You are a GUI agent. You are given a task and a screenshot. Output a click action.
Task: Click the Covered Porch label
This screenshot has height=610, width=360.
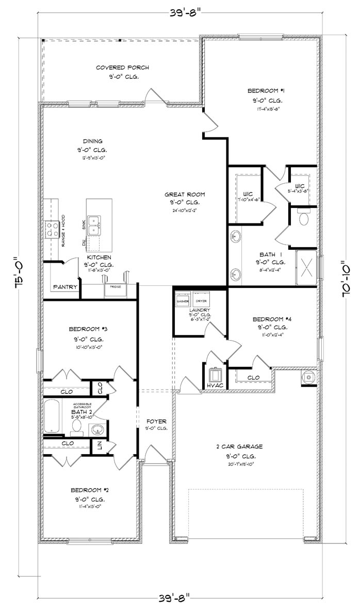click(x=122, y=68)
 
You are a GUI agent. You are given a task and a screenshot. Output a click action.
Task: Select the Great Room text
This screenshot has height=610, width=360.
click(x=185, y=195)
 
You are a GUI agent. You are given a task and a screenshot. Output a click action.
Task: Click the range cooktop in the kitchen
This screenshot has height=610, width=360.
click(x=52, y=228)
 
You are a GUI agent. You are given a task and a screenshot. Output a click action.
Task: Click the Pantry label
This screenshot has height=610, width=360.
click(x=65, y=287)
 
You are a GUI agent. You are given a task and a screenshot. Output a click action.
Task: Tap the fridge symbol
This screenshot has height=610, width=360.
click(x=116, y=289)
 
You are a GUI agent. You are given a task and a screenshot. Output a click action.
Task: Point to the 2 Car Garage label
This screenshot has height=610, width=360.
click(x=239, y=447)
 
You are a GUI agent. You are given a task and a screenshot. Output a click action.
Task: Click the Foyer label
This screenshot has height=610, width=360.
click(x=155, y=421)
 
